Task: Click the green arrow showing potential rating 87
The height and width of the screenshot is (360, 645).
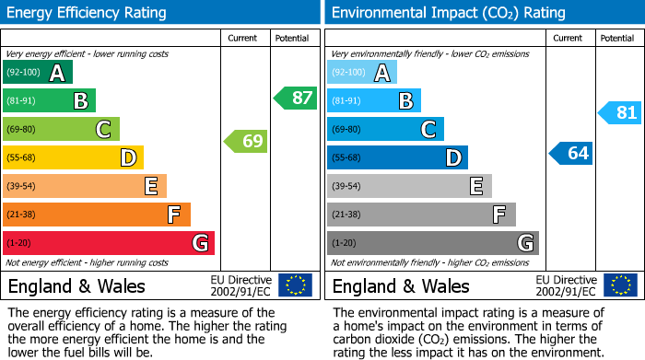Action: point(296,98)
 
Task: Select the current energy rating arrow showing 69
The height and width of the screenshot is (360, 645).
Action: point(247,141)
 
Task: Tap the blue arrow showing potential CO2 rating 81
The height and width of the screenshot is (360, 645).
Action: point(620,112)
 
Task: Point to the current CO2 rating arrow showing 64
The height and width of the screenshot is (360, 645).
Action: point(571,153)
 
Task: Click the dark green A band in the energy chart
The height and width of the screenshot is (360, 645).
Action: point(37,73)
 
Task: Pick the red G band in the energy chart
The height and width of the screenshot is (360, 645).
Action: point(109,243)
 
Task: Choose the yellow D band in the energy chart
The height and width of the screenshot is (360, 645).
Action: point(73,158)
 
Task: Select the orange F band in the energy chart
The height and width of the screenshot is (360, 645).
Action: point(97,215)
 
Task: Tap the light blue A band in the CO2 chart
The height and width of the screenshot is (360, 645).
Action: point(361,73)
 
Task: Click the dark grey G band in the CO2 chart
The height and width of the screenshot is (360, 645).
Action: point(432,243)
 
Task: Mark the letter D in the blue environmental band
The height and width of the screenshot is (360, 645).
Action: point(452,158)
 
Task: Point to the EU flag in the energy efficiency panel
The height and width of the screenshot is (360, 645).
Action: point(295,285)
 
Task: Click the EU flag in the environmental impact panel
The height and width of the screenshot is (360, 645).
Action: point(619,285)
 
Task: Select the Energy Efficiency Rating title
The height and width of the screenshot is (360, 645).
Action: point(88,13)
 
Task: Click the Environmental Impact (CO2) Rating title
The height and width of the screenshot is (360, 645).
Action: point(448,13)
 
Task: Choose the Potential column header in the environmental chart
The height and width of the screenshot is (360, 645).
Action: point(616,38)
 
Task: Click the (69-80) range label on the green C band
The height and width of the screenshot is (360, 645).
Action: point(21,130)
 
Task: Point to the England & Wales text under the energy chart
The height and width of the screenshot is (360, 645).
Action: point(76,286)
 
